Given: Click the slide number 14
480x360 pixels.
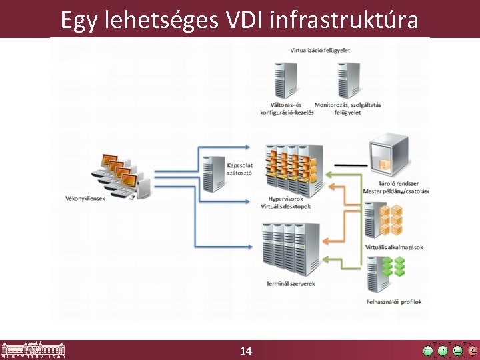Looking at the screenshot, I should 245,350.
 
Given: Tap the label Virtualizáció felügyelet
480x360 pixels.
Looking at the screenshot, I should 320,50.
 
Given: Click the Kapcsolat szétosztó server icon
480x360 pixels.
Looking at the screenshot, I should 213,173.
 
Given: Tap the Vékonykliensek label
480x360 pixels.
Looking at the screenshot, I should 85,197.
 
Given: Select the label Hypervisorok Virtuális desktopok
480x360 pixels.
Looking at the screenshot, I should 285,203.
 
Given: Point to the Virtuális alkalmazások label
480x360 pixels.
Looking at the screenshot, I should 394,247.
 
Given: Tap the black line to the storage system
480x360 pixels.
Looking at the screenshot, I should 350,164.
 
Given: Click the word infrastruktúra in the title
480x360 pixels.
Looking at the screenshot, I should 345,20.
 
